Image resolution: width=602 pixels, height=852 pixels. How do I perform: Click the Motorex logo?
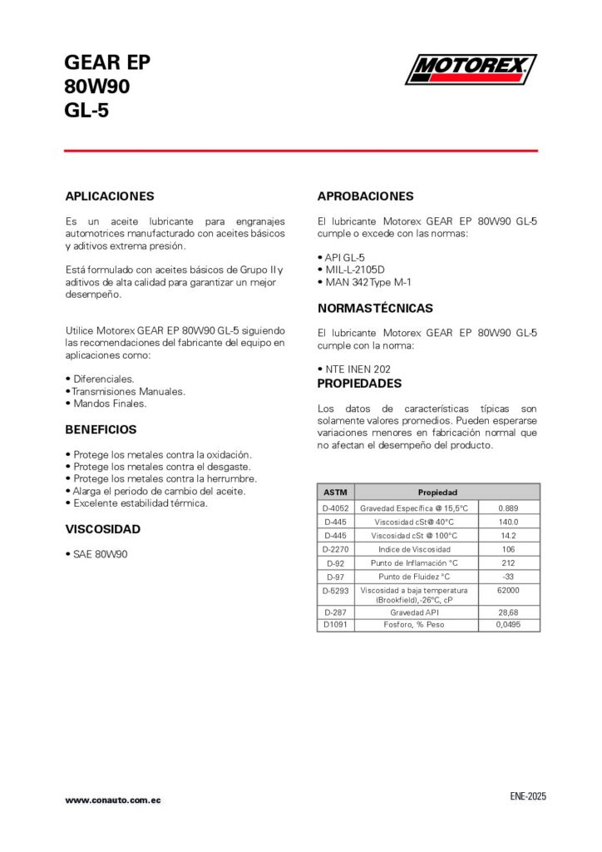(x=470, y=69)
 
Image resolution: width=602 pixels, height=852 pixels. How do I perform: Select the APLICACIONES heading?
(x=110, y=196)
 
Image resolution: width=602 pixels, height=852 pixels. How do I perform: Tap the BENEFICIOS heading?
(x=101, y=429)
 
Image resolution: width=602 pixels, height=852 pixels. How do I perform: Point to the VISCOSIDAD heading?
(x=103, y=529)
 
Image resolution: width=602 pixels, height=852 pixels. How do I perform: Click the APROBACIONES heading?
(x=365, y=196)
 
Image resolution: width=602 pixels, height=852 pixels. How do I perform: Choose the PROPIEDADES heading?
(x=359, y=384)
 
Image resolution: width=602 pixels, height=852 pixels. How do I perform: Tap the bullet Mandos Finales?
(x=109, y=404)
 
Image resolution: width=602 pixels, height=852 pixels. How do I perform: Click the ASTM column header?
(x=335, y=492)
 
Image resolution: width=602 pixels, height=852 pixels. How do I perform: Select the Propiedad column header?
(x=437, y=492)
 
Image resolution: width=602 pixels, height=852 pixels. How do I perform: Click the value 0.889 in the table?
(x=509, y=508)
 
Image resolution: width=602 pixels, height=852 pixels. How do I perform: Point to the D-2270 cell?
(x=335, y=549)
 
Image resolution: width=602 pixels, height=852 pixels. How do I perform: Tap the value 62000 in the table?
(x=509, y=590)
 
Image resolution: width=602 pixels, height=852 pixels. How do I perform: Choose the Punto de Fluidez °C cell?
(x=416, y=577)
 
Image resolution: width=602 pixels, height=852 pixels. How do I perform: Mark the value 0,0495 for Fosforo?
(x=509, y=624)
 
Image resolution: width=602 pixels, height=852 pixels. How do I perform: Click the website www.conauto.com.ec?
(x=113, y=800)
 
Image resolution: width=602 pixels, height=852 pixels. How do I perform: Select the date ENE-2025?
(x=528, y=796)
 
